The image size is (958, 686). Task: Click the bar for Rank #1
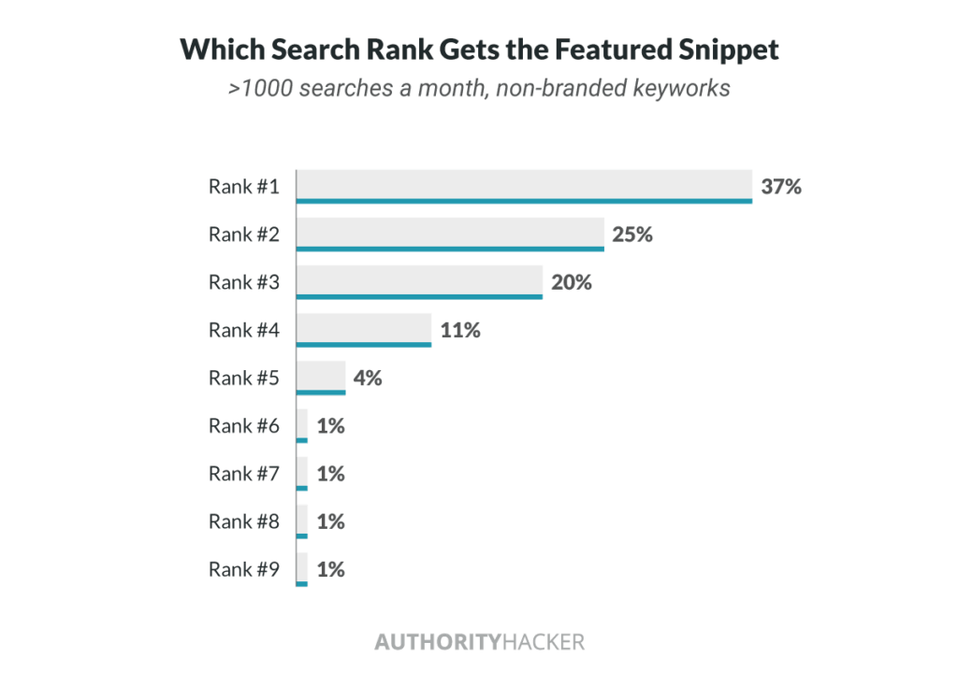coord(524,186)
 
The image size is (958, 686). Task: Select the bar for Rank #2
coord(450,234)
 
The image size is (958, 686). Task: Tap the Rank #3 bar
coord(419,281)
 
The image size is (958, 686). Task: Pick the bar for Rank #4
coord(364,330)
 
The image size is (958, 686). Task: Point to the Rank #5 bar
coord(321,378)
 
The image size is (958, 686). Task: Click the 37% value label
coord(781,186)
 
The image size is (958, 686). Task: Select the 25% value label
coord(632,235)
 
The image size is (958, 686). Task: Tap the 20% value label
coord(571,282)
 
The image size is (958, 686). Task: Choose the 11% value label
coord(459,330)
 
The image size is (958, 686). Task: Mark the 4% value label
coord(368,379)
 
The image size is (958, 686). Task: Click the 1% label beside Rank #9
coord(331,569)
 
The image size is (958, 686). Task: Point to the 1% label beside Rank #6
coord(331,426)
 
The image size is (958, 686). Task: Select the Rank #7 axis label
coord(243,474)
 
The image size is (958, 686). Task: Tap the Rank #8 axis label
coord(243,522)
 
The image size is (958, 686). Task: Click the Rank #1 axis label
coord(243,187)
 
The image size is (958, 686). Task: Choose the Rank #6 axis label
coord(243,426)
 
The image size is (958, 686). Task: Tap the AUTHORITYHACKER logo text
coord(479,642)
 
